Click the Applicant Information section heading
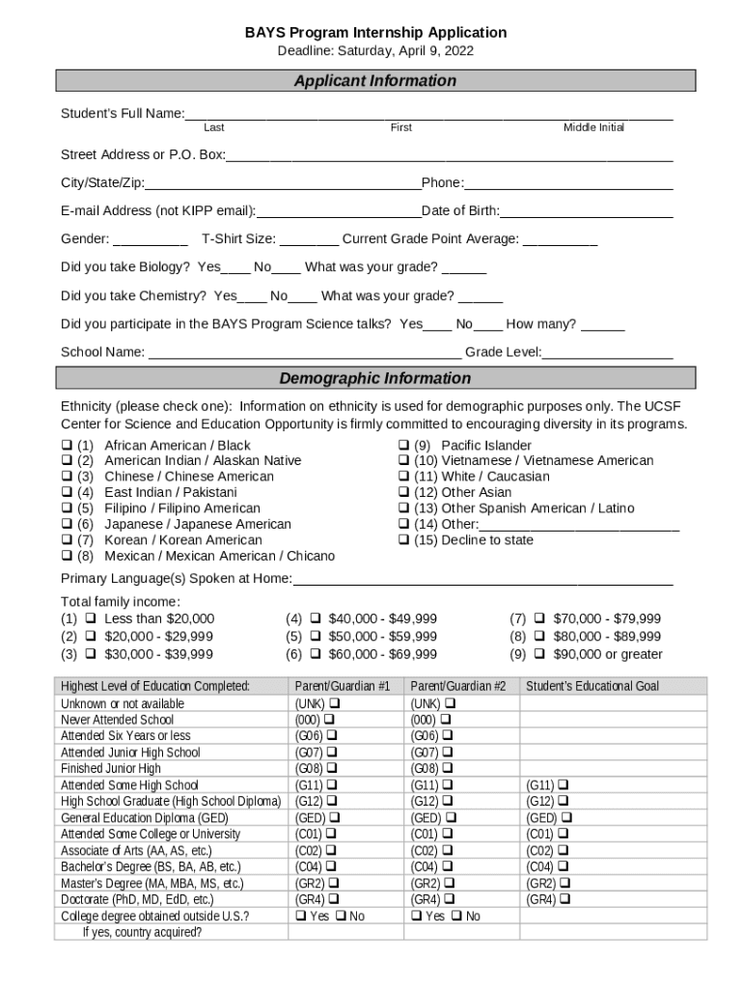click(x=374, y=81)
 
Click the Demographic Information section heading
click(x=374, y=378)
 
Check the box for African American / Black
click(x=67, y=446)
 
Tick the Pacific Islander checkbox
click(x=405, y=446)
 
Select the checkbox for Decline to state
click(x=405, y=540)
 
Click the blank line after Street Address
click(x=449, y=155)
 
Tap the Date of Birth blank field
click(x=586, y=211)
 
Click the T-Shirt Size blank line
click(x=310, y=239)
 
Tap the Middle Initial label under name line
click(x=593, y=127)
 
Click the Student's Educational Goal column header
click(x=592, y=686)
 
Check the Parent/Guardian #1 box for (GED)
click(x=335, y=817)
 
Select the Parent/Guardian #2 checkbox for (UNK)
click(x=450, y=703)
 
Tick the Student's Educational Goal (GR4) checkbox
click(x=564, y=899)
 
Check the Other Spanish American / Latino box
click(x=405, y=508)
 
